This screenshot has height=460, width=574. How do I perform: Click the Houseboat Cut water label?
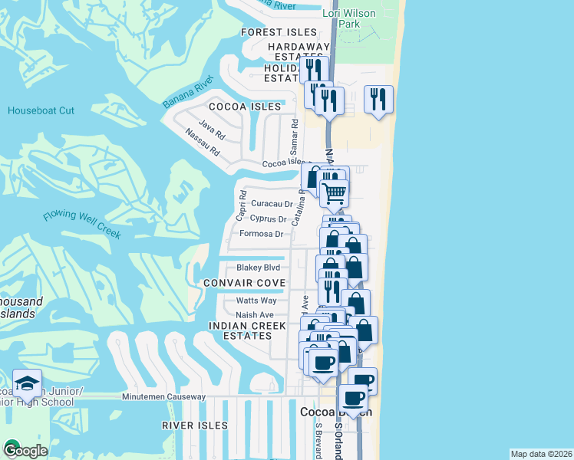pyautogui.click(x=41, y=110)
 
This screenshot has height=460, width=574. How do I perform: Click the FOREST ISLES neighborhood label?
pyautogui.click(x=279, y=32)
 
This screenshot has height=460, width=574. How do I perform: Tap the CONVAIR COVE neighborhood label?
pyautogui.click(x=244, y=283)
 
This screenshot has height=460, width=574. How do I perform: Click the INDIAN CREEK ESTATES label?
pyautogui.click(x=241, y=331)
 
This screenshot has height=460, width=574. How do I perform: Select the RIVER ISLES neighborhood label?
pyautogui.click(x=194, y=425)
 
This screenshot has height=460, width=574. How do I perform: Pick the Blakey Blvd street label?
pyautogui.click(x=258, y=268)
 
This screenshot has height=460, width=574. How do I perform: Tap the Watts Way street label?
pyautogui.click(x=256, y=301)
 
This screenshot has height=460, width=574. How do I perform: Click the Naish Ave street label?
pyautogui.click(x=255, y=314)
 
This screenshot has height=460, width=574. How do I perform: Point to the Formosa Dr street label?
pyautogui.click(x=261, y=234)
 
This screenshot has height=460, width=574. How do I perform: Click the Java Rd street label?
pyautogui.click(x=211, y=127)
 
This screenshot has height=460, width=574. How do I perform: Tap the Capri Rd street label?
pyautogui.click(x=241, y=202)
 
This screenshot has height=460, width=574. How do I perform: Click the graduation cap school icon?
pyautogui.click(x=27, y=383)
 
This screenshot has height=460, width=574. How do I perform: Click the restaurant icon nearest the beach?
pyautogui.click(x=378, y=99)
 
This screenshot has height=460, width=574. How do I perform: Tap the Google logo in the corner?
pyautogui.click(x=25, y=450)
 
